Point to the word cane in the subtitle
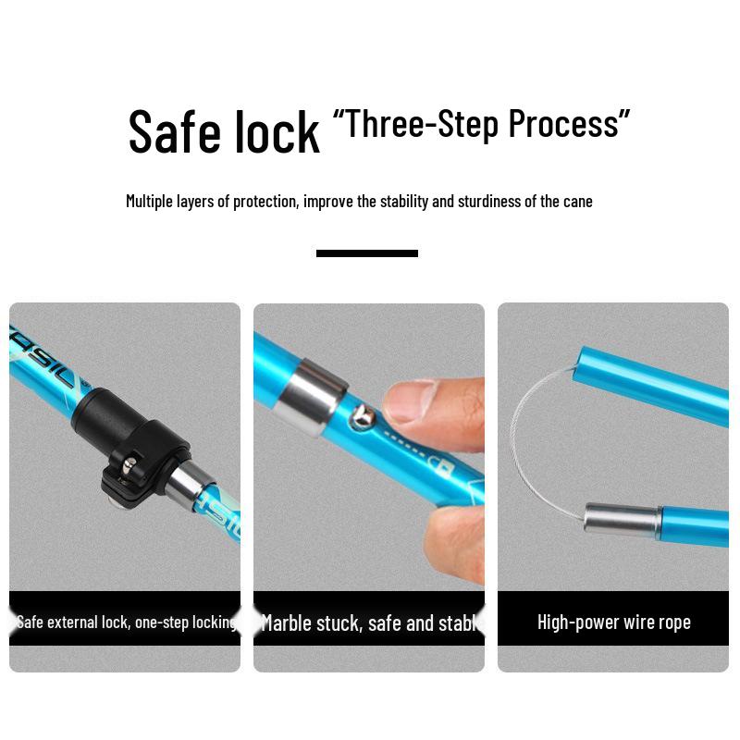click(578, 201)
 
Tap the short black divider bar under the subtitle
click(367, 253)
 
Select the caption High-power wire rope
click(613, 623)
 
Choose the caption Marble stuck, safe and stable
click(369, 623)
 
